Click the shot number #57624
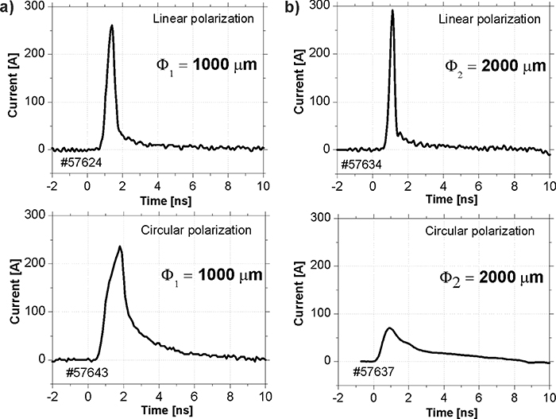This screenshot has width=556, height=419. pyautogui.click(x=81, y=164)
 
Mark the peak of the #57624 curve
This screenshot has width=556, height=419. pyautogui.click(x=112, y=25)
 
